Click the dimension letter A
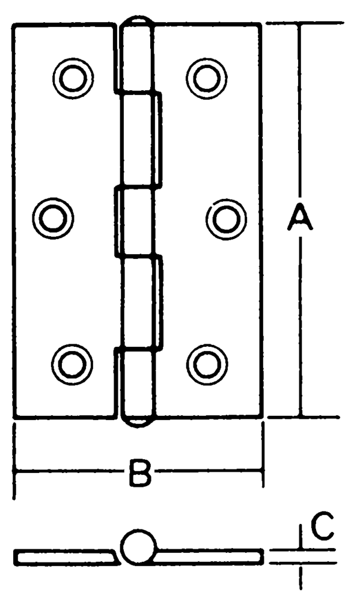(x=300, y=218)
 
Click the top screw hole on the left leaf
(x=73, y=78)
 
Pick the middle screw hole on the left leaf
(x=53, y=218)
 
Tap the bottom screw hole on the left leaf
(x=72, y=364)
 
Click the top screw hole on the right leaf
(x=206, y=78)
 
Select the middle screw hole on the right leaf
(x=226, y=219)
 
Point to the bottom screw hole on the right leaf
(x=207, y=365)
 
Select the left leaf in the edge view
(x=66, y=558)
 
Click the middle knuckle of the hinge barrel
(x=135, y=222)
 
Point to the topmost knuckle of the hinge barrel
(x=136, y=58)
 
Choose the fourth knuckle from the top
(x=142, y=303)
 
